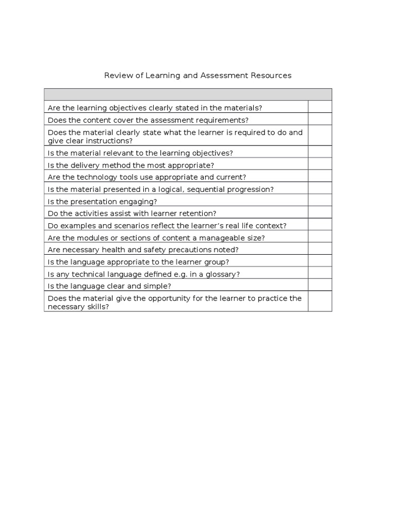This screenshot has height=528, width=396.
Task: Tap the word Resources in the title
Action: pos(271,76)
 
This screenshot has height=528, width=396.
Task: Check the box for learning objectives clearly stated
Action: pos(320,107)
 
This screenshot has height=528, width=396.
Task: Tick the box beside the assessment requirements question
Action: pos(320,120)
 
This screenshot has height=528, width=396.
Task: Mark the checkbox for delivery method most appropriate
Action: pos(320,165)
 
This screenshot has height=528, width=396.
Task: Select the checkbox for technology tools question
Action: pos(320,177)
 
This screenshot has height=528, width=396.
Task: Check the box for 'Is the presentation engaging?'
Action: pos(320,201)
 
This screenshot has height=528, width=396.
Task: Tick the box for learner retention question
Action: pos(320,213)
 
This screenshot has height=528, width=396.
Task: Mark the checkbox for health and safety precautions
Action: pos(320,250)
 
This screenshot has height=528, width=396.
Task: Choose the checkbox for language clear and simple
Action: pos(320,286)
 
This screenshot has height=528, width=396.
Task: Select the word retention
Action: pos(197,213)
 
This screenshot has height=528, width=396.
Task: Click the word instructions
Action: pos(110,141)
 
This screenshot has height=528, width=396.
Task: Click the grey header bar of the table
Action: pos(188,94)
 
